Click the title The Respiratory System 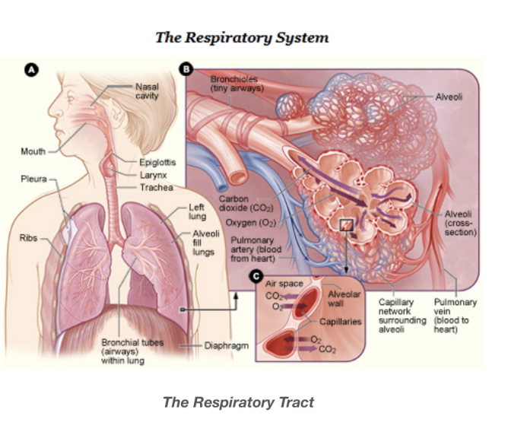(x=242, y=37)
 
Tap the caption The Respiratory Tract (x=238, y=402)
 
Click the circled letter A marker (x=31, y=69)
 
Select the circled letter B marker (x=185, y=70)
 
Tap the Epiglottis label (x=157, y=163)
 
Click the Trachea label (x=155, y=187)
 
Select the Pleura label (x=33, y=180)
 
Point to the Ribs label (x=28, y=238)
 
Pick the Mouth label (x=33, y=151)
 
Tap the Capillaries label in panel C (x=340, y=322)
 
